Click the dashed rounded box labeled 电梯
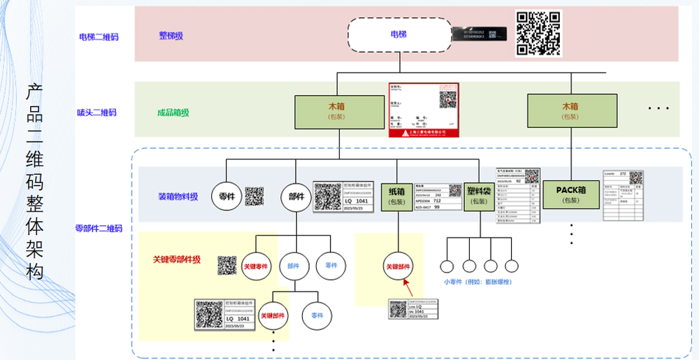398,34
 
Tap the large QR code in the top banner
538,33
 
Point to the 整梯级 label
171,36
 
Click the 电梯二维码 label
99,36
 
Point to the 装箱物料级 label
178,196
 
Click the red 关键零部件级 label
177,259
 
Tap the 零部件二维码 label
99,229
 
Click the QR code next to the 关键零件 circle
227,266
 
